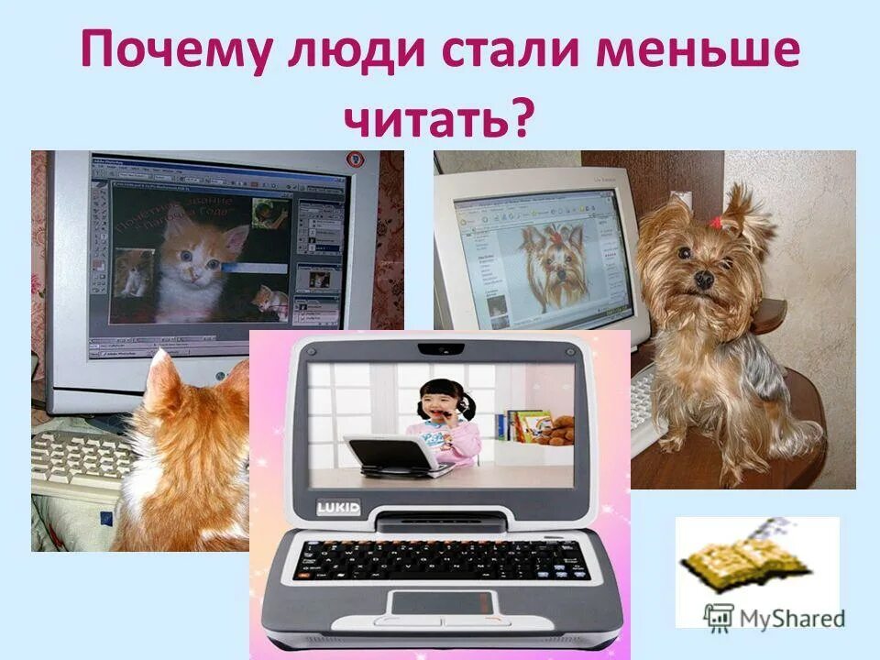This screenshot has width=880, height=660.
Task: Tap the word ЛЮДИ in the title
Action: [351, 53]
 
